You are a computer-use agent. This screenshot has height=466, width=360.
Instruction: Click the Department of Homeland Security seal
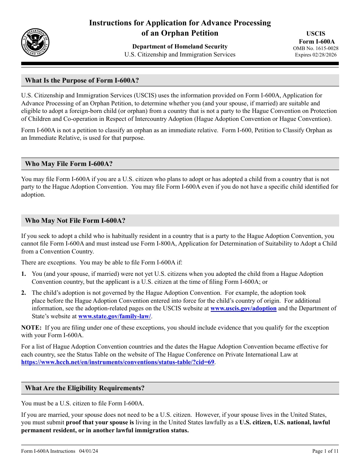click(35, 42)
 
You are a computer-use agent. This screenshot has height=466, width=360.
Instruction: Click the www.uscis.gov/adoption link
click(243, 308)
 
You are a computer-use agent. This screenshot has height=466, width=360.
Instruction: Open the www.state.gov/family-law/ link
click(114, 316)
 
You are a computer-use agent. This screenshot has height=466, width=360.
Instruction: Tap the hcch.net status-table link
click(118, 362)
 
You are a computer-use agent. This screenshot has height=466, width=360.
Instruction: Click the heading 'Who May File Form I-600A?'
click(69, 164)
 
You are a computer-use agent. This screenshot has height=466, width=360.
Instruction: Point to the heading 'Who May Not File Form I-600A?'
click(75, 220)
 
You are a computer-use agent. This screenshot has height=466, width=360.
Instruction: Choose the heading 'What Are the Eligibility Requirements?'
click(85, 388)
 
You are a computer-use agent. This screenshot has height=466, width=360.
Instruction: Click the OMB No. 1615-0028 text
click(316, 48)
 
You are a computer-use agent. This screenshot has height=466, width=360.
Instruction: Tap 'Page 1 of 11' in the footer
click(325, 451)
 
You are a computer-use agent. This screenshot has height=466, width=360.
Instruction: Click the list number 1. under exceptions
click(24, 274)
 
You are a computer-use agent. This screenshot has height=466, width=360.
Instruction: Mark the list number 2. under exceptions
click(24, 293)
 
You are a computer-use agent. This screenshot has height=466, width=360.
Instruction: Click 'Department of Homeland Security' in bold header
click(180, 47)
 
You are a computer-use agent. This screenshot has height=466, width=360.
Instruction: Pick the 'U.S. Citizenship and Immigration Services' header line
click(180, 55)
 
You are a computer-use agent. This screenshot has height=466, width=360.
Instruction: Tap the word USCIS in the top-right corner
click(316, 33)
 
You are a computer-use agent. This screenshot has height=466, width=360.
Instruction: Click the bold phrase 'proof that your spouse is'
click(100, 422)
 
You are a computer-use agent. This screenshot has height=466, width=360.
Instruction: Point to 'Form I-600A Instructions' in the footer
click(48, 451)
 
